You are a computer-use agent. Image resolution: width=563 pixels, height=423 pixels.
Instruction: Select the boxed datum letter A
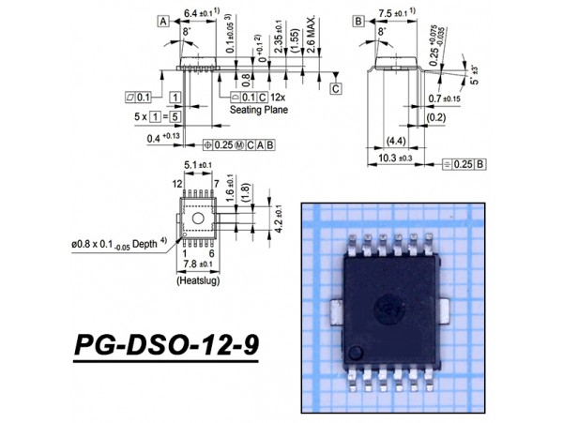tap(164, 21)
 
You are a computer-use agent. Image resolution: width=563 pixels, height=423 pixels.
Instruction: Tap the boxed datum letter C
tap(335, 89)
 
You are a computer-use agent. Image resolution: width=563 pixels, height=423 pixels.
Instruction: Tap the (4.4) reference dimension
tap(395, 142)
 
